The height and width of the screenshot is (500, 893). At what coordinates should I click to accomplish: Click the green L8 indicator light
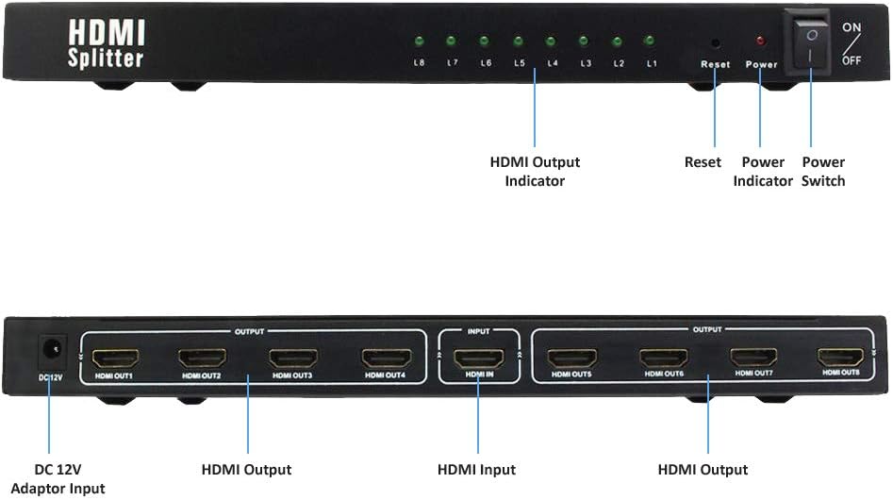419,42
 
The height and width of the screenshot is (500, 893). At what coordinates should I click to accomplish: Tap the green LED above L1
650,41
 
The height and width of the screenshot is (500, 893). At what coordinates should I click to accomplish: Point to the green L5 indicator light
518,42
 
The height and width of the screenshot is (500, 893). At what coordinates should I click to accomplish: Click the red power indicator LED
760,42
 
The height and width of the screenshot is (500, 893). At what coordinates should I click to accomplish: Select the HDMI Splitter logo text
106,44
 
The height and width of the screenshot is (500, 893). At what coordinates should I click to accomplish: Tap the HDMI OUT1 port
116,358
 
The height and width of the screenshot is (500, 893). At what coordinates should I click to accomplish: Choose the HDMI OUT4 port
387,358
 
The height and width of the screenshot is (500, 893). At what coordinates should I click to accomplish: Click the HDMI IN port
478,358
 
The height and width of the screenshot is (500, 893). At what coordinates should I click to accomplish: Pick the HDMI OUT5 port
572,358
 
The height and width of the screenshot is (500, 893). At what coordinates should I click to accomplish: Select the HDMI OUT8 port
840,358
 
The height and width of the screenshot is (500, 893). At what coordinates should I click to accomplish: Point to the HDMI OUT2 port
203,358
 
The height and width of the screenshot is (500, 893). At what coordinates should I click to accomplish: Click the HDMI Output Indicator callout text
535,171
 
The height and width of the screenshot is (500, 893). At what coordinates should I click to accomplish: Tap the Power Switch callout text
823,171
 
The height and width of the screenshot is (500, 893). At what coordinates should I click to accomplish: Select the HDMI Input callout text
476,469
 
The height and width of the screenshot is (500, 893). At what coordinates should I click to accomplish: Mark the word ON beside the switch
852,27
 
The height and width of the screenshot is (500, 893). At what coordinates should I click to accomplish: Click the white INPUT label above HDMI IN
478,331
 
